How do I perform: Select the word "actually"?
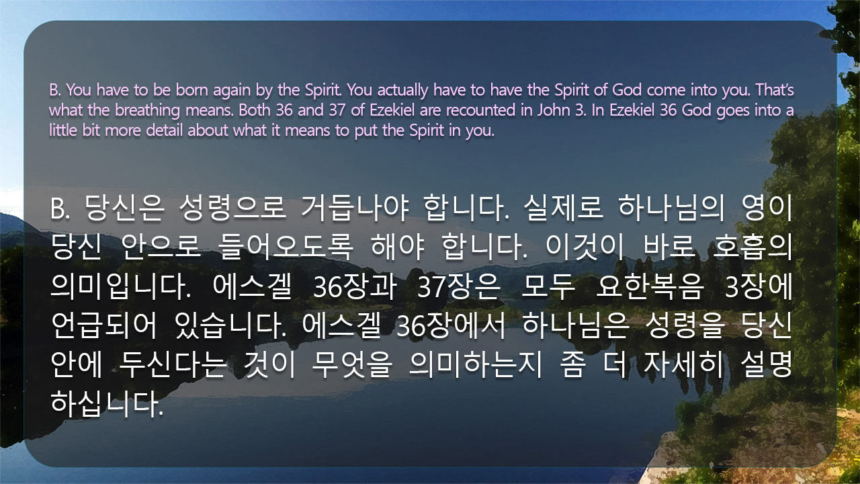402,91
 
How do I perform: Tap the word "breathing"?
147,111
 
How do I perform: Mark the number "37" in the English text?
337,110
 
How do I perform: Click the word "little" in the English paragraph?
63,130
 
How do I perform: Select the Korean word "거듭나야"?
355,208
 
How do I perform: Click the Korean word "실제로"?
563,208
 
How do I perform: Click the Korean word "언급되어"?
103,326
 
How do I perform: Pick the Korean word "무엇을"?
352,365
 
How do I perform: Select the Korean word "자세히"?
683,365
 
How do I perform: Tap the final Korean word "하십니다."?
107,404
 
